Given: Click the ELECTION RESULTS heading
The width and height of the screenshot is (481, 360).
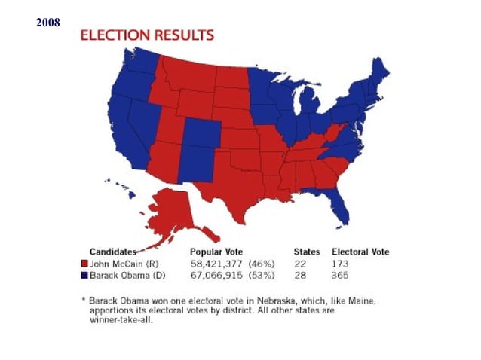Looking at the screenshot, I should click(x=147, y=35).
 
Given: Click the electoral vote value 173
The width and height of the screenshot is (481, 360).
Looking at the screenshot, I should click(x=341, y=264).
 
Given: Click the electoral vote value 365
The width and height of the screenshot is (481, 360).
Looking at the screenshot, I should click(x=341, y=276).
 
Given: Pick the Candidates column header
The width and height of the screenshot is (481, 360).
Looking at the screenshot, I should click(x=113, y=252).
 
